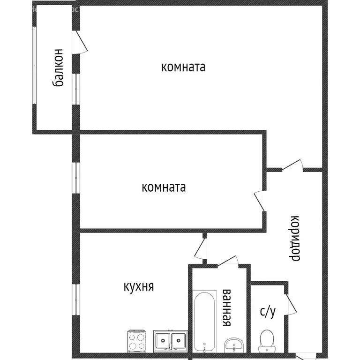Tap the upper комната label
tap(183, 67)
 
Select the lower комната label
tap(164, 188)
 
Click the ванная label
tap(227, 307)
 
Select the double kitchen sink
tap(170, 340)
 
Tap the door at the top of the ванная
tap(229, 261)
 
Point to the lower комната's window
tap(75, 177)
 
